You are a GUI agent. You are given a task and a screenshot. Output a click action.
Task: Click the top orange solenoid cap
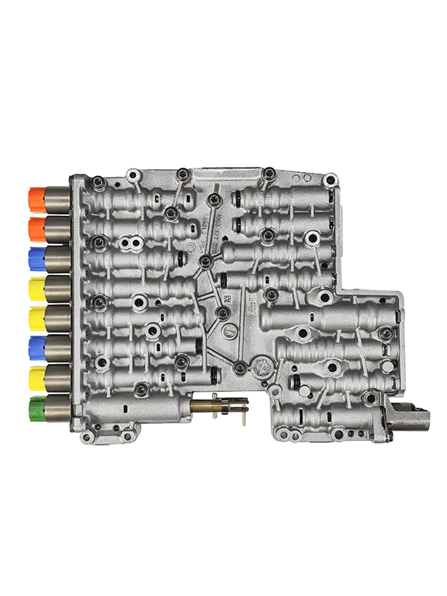point(37,200)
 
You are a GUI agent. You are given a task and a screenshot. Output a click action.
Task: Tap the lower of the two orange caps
point(37,229)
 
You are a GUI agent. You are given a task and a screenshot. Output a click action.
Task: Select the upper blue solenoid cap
point(37,259)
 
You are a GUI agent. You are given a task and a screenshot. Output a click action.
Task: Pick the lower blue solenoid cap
point(37,347)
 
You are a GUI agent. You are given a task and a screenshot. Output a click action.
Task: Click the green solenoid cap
point(37,408)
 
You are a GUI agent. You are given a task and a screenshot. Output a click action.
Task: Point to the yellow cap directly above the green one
point(37,378)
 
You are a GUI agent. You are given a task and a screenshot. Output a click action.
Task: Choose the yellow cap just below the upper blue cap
point(37,289)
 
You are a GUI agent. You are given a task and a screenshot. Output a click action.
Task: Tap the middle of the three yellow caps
point(37,319)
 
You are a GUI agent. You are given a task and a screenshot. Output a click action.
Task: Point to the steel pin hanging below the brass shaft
point(244,417)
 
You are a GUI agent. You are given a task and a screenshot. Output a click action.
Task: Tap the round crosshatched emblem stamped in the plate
point(257,365)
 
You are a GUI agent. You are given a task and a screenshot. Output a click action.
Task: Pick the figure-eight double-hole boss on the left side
point(130,243)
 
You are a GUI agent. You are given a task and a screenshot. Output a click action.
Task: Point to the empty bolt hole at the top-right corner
point(330,179)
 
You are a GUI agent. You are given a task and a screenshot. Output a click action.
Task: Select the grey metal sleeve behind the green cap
point(58,408)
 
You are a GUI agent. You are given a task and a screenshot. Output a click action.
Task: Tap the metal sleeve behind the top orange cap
point(58,200)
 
